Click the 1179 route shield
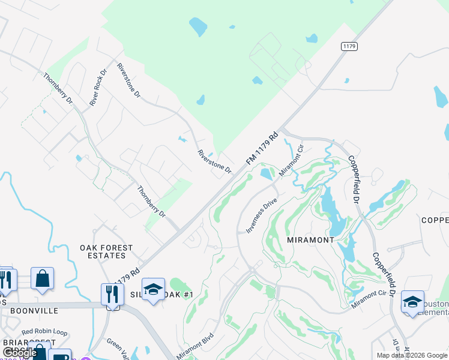(x=349, y=46)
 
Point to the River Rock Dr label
(x=98, y=88)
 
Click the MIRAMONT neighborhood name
(x=311, y=239)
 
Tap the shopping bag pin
(x=42, y=278)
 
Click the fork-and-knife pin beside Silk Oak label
(x=112, y=294)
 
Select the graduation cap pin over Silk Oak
(x=153, y=289)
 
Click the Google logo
(x=20, y=353)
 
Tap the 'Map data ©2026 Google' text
(x=412, y=355)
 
